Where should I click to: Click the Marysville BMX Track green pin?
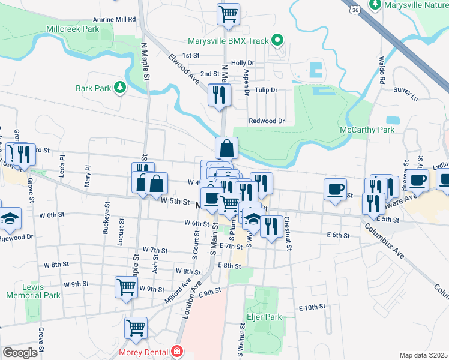click(x=277, y=41)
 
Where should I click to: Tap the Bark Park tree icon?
click(x=121, y=88)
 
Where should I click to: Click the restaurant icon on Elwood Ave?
click(x=218, y=94)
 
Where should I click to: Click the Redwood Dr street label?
click(x=266, y=121)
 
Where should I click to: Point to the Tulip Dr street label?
click(x=265, y=90)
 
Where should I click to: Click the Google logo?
click(x=20, y=353)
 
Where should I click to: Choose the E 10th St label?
click(x=312, y=307)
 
